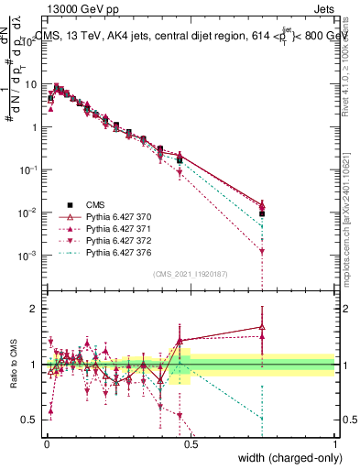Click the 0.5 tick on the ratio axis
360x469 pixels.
33,420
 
